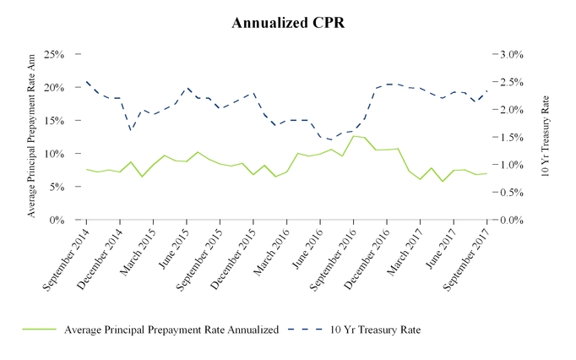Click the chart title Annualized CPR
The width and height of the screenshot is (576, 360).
point(287,23)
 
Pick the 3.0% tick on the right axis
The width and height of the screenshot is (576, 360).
point(513,54)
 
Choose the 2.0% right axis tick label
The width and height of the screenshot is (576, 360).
point(513,110)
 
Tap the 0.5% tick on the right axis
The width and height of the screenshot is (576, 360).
point(513,193)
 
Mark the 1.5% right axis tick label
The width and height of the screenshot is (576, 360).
point(513,137)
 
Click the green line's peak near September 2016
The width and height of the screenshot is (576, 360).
point(354,136)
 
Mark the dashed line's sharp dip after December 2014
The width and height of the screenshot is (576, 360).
point(131,129)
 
